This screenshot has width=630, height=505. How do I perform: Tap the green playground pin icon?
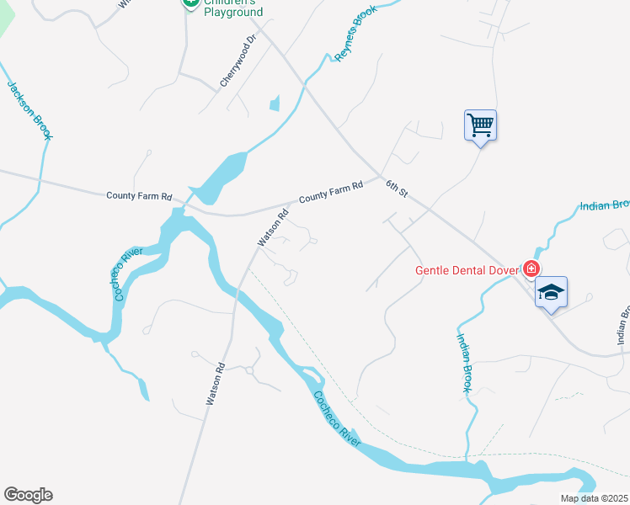(190, 3)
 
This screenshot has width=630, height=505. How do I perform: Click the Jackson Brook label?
(29, 109)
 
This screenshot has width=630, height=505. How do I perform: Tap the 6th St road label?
(397, 189)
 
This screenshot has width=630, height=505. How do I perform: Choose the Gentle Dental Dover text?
(467, 270)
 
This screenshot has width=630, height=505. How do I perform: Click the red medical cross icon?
(531, 269)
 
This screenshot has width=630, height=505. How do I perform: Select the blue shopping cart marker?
(480, 126)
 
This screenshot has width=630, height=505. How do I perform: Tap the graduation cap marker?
(551, 293)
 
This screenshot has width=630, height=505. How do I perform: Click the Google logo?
(28, 495)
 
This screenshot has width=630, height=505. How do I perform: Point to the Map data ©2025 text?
(595, 498)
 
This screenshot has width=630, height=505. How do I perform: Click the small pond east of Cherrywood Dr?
(275, 104)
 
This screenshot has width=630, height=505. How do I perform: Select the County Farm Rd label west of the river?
(139, 196)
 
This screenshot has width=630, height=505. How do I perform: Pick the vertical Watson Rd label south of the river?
(215, 383)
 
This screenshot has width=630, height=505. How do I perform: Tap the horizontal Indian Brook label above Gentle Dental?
(605, 205)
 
